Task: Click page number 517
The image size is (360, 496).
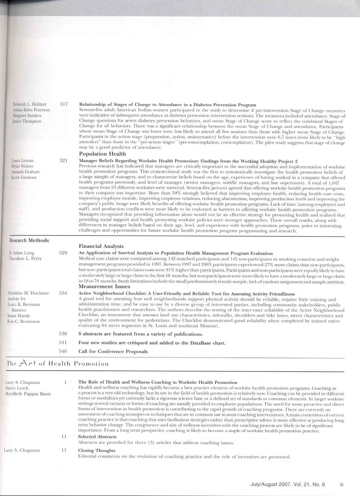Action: click(64, 104)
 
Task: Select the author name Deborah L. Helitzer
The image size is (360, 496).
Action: click(30, 104)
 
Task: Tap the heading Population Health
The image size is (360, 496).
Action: click(102, 154)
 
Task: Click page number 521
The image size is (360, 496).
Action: click(63, 161)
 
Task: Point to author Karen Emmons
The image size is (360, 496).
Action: click(24, 177)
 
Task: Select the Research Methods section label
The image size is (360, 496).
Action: click(29, 240)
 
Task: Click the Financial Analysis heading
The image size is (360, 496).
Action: click(101, 246)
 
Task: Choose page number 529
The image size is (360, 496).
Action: click(63, 253)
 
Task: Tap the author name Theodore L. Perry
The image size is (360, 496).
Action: click(25, 258)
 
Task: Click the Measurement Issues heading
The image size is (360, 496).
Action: click(104, 286)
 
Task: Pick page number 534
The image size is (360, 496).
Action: click(63, 293)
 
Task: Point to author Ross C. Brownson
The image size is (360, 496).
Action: click(24, 321)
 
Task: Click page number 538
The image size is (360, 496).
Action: click(63, 334)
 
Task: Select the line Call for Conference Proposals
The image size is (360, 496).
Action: click(113, 351)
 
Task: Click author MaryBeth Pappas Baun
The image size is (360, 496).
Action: click(28, 394)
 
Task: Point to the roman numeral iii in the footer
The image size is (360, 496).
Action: click(341, 485)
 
